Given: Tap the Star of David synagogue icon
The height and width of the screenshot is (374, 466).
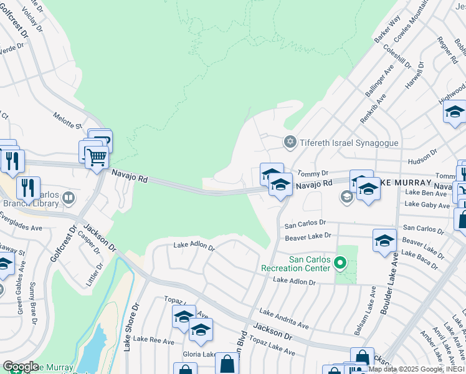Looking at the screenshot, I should [290, 143].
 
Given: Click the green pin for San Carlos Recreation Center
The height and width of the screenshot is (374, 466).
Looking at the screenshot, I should [340, 264].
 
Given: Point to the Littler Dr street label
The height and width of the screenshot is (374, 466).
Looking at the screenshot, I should [98, 274].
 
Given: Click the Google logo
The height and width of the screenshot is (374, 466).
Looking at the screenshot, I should [21, 367].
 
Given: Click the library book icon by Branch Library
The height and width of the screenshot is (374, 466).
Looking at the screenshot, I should [69, 199].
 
